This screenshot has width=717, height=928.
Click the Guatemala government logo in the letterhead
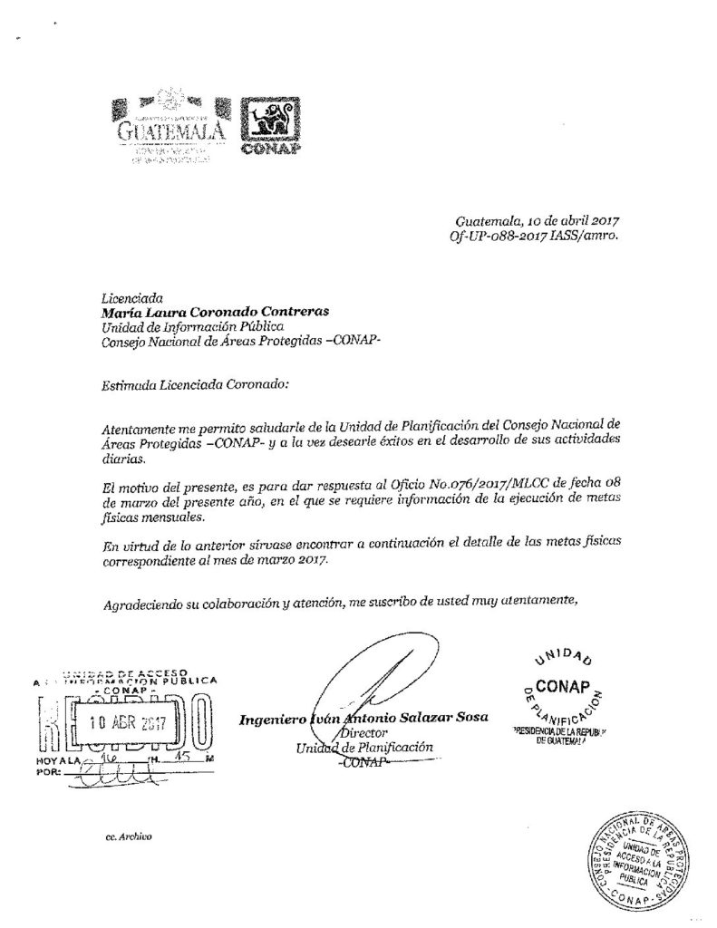(x=168, y=127)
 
